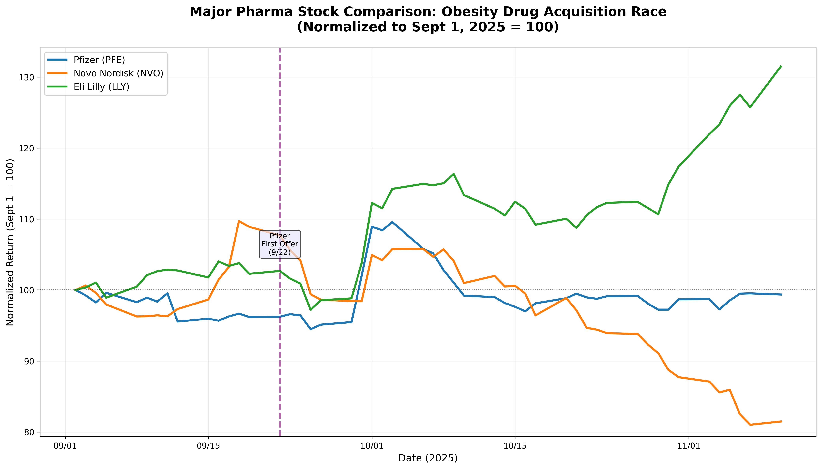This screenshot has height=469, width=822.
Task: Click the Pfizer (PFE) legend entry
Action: pyautogui.click(x=99, y=60)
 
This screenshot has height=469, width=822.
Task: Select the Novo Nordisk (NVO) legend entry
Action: pyautogui.click(x=118, y=73)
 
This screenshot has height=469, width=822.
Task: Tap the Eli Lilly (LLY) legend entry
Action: pyautogui.click(x=101, y=87)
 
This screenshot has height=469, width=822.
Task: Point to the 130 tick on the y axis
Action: pyautogui.click(x=29, y=77)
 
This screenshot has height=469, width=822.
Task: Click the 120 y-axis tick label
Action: pyautogui.click(x=29, y=148)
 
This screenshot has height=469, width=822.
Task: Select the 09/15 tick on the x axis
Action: pyautogui.click(x=208, y=446)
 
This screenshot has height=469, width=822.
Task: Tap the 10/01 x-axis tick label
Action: pyautogui.click(x=372, y=446)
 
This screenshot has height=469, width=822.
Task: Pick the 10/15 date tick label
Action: pyautogui.click(x=515, y=446)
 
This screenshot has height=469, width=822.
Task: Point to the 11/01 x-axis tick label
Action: pyautogui.click(x=689, y=446)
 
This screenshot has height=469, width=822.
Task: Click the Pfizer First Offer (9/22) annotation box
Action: pyautogui.click(x=280, y=244)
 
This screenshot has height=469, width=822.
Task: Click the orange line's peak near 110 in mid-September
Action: pyautogui.click(x=239, y=221)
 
